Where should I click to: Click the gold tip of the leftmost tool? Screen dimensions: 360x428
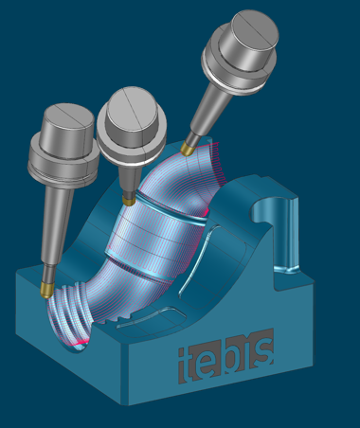pos(46,290)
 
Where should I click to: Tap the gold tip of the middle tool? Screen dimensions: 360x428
pos(129,201)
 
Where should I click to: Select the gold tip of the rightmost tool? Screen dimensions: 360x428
pos(188,149)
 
